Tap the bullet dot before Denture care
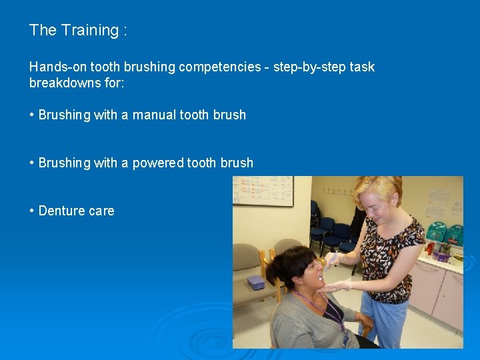tap(32, 211)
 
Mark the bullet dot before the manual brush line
tap(32, 115)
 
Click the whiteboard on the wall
tap(263, 191)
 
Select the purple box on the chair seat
tap(255, 282)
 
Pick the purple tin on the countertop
tap(440, 257)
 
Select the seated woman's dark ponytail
tap(276, 269)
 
